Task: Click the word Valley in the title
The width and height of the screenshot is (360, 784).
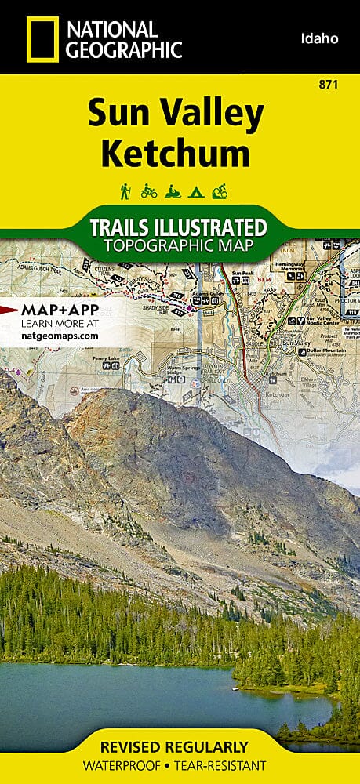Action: (x=214, y=116)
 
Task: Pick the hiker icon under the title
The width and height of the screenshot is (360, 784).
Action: (x=125, y=191)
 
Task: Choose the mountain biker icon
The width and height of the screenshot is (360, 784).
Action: (x=242, y=191)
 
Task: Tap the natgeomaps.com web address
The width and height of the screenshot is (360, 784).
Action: (x=60, y=335)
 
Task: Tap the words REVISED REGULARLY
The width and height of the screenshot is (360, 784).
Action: (x=180, y=746)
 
